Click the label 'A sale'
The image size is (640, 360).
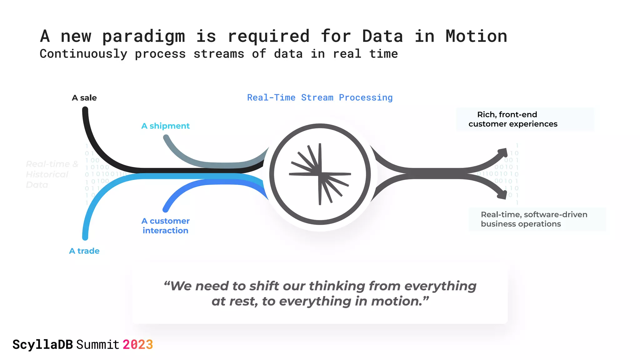(x=84, y=98)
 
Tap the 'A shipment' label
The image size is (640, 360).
(x=165, y=126)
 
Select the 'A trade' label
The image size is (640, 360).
(x=84, y=251)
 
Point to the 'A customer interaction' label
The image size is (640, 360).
(x=165, y=226)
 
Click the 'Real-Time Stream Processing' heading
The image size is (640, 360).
(x=320, y=97)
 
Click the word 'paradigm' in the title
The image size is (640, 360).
(x=143, y=36)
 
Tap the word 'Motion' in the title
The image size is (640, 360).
(x=476, y=36)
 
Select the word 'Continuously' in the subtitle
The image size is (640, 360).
(x=83, y=54)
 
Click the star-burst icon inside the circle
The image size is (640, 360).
(x=320, y=174)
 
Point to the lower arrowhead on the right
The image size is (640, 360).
(x=503, y=195)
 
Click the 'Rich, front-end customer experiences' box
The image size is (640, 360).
(x=525, y=119)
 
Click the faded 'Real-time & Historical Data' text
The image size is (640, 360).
(x=52, y=174)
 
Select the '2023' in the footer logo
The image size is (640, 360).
(x=137, y=345)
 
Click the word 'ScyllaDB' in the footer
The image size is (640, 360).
(x=42, y=345)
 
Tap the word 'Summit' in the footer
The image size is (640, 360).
(x=98, y=345)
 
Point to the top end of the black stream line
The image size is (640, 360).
(x=85, y=110)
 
